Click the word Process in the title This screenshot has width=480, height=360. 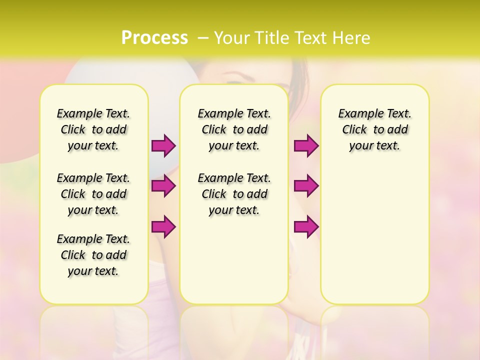(154, 37)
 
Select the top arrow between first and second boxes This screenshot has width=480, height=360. (163, 146)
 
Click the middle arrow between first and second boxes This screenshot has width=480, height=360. (163, 186)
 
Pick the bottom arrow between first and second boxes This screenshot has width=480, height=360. (163, 226)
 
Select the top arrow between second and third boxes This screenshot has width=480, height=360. (306, 146)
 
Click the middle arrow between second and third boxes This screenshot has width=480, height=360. (306, 186)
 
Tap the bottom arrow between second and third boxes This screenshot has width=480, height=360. (306, 226)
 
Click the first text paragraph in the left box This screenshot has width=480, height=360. (93, 129)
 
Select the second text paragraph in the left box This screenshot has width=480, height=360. (93, 194)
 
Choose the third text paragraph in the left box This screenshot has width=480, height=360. (93, 255)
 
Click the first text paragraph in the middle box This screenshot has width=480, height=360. (234, 129)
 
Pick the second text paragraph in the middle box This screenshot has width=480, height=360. (234, 194)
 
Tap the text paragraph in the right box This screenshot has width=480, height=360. (374, 129)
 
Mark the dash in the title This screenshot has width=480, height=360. (202, 38)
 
